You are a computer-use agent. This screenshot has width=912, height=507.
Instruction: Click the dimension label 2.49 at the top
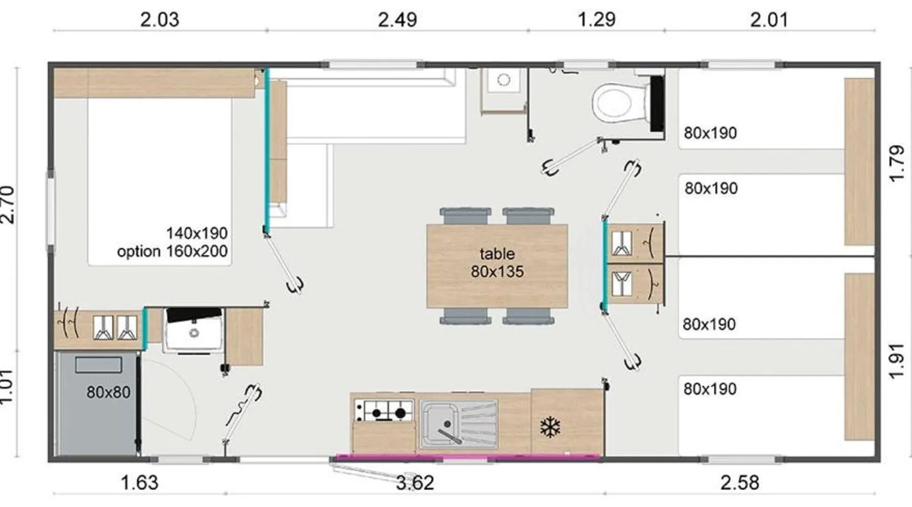397,20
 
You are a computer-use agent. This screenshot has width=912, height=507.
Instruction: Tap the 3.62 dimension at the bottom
415,483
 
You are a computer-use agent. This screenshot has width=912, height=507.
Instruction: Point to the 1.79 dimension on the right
897,163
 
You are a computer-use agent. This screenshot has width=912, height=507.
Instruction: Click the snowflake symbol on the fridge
550,427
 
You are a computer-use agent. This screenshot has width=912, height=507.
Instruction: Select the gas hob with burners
384,411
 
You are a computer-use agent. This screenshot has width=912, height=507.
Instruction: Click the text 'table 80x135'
497,263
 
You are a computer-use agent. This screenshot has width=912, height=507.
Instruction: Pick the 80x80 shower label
108,392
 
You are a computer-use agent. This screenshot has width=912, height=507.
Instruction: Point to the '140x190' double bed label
197,233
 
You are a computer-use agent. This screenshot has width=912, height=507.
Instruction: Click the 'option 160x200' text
172,251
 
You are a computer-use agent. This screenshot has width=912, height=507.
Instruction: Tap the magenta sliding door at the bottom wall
469,457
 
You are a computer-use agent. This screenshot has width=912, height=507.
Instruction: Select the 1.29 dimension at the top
596,20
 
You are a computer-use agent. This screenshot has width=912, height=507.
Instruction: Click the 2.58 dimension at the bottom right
740,483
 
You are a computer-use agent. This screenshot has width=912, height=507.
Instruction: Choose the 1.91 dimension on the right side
897,361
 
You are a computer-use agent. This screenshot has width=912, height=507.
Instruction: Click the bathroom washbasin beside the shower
193,330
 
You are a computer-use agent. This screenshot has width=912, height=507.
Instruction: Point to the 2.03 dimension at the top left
160,20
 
